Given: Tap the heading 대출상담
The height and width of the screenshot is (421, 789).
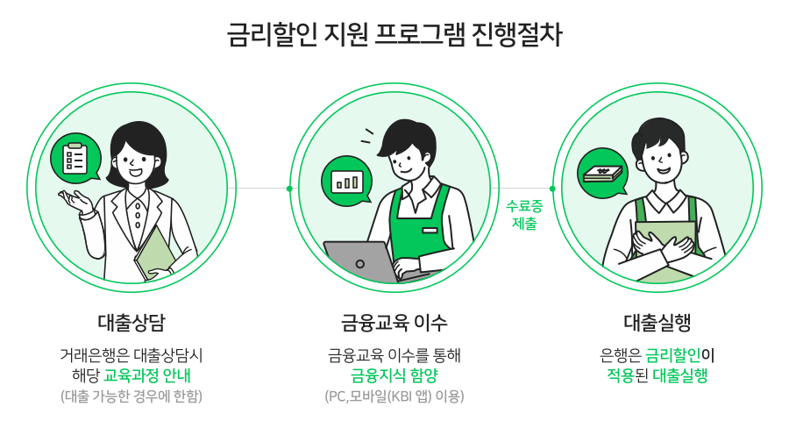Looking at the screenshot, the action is [131, 321].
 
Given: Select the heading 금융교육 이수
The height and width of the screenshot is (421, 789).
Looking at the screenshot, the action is [394, 321].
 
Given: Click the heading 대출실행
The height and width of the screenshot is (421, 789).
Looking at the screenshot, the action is [657, 321].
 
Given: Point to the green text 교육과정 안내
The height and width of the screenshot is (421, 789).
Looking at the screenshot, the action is [147, 375].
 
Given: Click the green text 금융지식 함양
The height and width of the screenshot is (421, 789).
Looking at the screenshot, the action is [394, 375].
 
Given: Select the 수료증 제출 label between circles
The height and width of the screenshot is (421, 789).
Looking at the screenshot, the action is [523, 215].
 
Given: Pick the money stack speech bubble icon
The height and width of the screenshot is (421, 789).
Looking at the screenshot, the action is [602, 171].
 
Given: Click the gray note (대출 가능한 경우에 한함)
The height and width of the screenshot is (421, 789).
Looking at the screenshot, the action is [131, 396].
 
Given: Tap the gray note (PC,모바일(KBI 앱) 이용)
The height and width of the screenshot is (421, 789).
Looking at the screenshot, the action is [394, 396].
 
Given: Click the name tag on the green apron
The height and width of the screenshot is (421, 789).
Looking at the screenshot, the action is [430, 230].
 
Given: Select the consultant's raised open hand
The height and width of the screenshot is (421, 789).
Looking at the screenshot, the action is [77, 202].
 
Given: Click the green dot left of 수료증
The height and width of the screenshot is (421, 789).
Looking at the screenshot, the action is [552, 189].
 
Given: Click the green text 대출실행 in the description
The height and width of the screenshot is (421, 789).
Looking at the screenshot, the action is [680, 375].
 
